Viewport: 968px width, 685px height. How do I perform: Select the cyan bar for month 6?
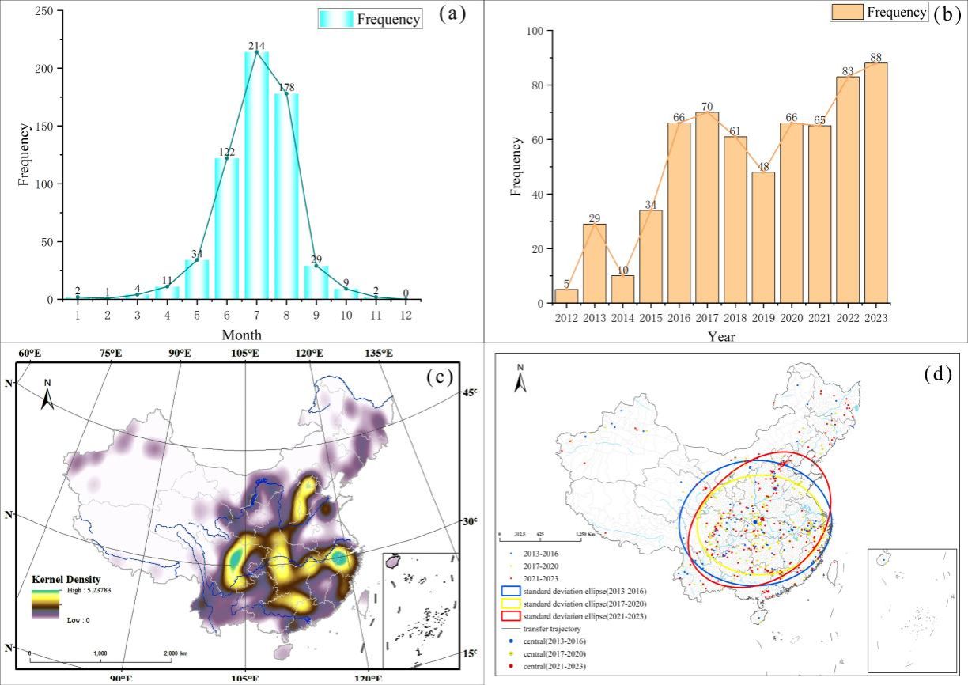(226, 229)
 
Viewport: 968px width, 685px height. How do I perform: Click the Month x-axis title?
(241, 335)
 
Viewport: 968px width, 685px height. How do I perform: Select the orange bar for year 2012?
(566, 297)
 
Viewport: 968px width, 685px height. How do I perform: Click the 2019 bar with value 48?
(763, 237)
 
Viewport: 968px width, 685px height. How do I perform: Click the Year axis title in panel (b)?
(721, 336)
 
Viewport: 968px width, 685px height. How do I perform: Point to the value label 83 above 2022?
(847, 71)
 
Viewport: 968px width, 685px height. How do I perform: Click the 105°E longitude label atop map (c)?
(244, 353)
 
